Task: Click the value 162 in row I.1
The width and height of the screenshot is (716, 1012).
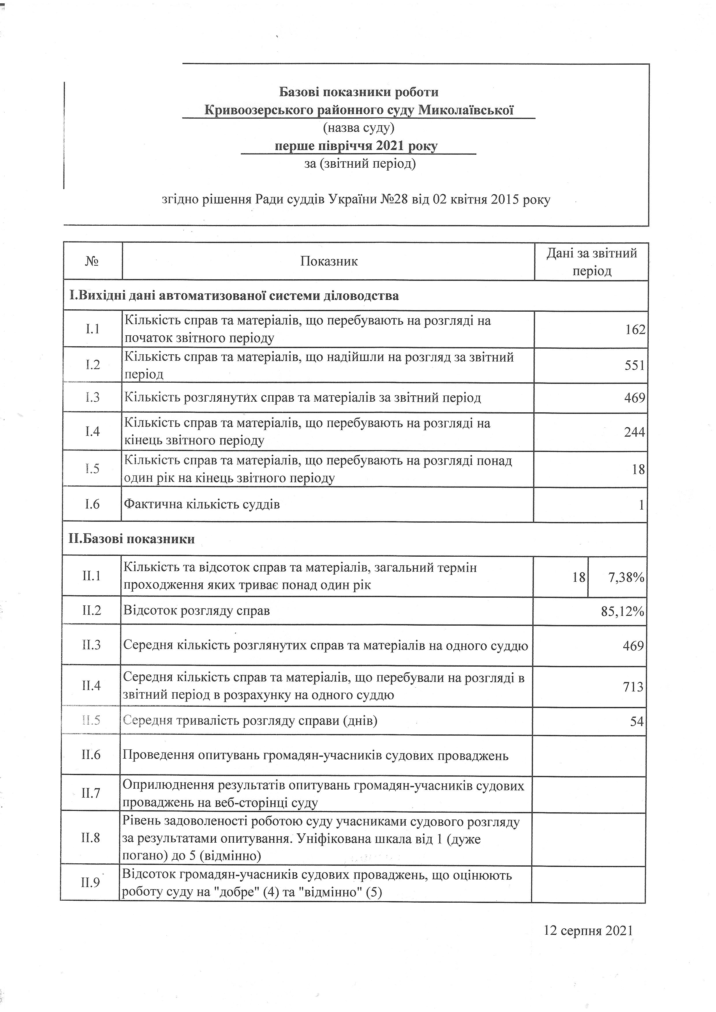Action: pyautogui.click(x=635, y=330)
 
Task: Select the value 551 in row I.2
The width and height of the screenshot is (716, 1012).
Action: pyautogui.click(x=635, y=365)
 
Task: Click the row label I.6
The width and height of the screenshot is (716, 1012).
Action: pyautogui.click(x=92, y=504)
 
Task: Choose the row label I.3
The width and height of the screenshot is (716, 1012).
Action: pyautogui.click(x=93, y=398)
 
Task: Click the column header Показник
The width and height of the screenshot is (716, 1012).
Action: pyautogui.click(x=329, y=261)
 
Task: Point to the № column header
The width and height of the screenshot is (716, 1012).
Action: pyautogui.click(x=92, y=261)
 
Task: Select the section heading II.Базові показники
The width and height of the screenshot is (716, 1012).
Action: pyautogui.click(x=131, y=539)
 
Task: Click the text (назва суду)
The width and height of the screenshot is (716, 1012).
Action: pyautogui.click(x=359, y=128)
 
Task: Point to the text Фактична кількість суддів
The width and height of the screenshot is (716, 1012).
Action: pyautogui.click(x=202, y=504)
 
